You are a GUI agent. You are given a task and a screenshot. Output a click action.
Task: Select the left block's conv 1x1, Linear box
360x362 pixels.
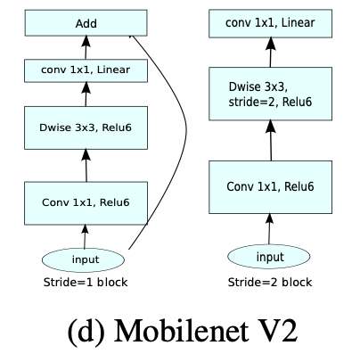pos(86,67)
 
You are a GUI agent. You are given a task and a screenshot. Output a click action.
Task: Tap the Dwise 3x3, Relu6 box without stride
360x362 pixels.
pos(86,126)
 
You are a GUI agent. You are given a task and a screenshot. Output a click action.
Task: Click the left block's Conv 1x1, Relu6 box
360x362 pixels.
pos(86,202)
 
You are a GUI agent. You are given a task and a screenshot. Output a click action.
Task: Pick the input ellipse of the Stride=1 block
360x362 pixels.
pos(86,259)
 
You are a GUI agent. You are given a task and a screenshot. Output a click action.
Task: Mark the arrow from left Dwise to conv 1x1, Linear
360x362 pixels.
pos(86,91)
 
